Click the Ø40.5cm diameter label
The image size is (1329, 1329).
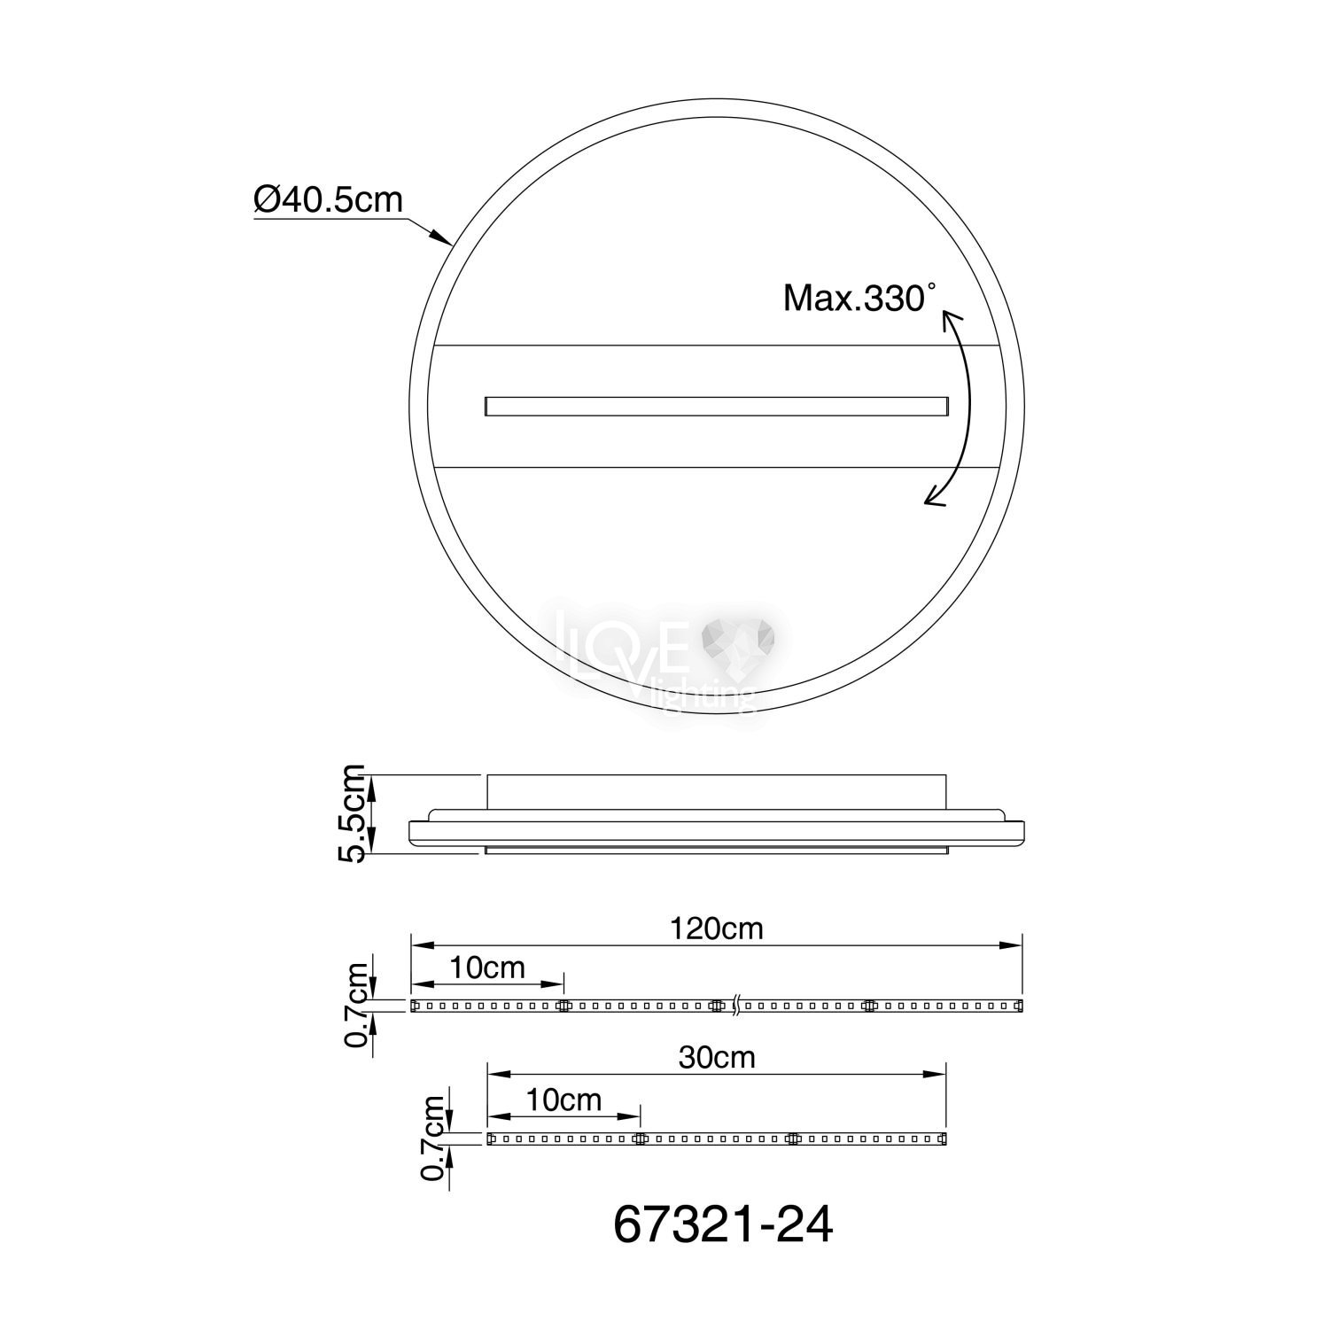pos(328,200)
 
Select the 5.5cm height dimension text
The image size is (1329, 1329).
pos(354,812)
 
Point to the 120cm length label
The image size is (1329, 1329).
pos(717,929)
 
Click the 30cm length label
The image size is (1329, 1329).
pos(717,1057)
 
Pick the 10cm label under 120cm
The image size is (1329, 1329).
pos(487,968)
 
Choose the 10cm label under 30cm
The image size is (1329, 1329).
pos(563,1100)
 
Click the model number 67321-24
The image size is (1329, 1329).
pos(723,1225)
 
